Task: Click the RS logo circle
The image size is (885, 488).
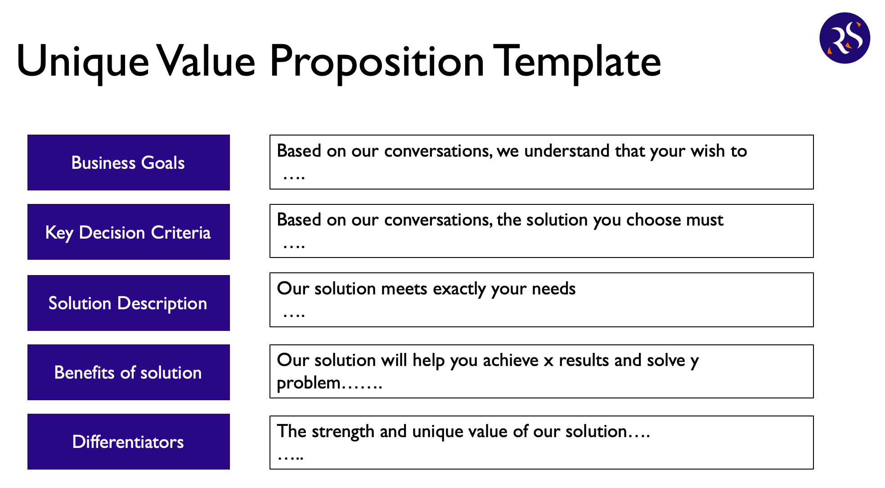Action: [845, 38]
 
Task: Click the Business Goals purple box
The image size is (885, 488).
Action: [129, 163]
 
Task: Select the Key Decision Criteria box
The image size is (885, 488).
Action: [129, 232]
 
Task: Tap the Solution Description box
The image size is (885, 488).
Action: [129, 303]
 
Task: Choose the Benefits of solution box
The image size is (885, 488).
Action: [129, 372]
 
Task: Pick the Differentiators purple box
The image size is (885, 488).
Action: [129, 442]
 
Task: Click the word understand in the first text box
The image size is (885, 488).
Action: [567, 151]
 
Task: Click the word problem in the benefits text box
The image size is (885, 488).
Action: [309, 384]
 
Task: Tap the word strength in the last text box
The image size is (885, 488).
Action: [343, 432]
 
